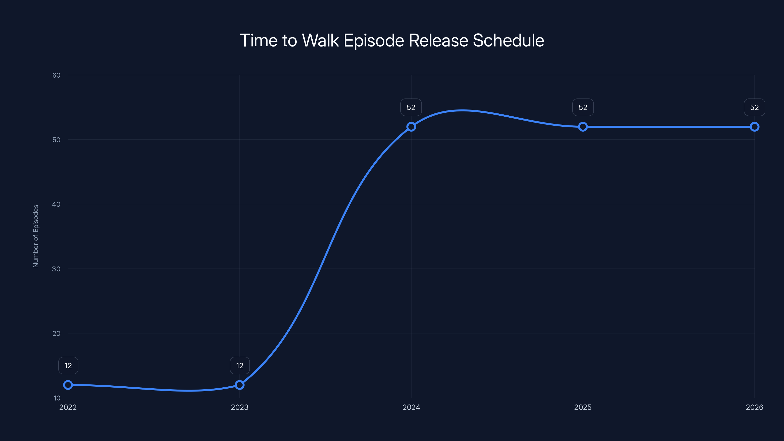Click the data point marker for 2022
68,385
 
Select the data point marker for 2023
240,385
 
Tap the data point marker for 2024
411,127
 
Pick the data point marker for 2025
583,127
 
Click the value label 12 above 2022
68,366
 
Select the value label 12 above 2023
240,366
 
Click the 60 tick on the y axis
56,75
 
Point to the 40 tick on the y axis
56,204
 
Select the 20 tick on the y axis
56,333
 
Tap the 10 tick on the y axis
57,398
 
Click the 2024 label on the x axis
411,407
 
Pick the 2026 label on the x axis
754,407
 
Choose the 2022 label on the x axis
68,407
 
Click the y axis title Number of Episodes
36,236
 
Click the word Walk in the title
320,40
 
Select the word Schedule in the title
508,40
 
